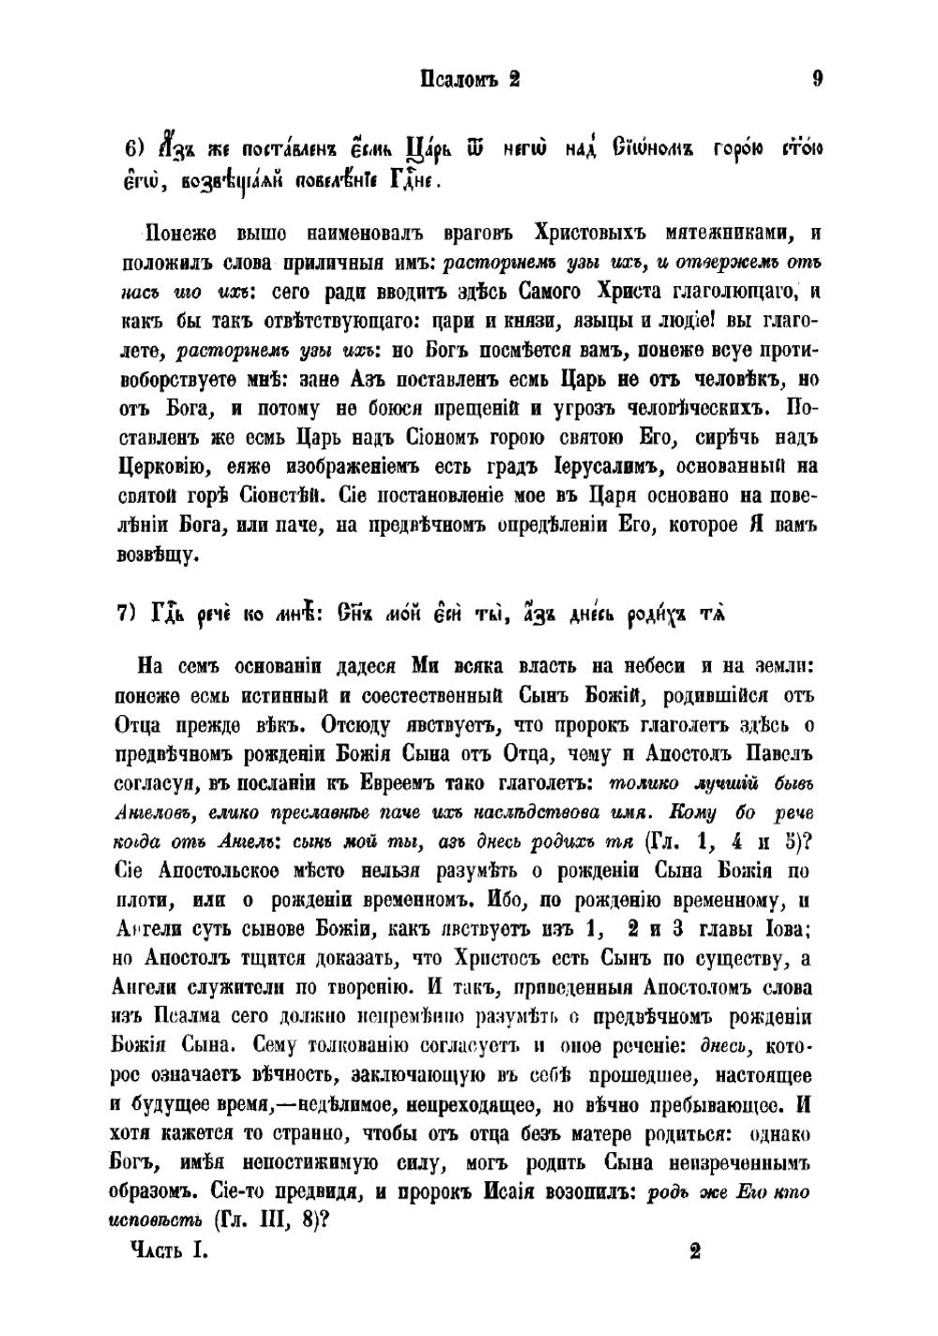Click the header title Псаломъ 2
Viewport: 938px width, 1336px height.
coord(468,80)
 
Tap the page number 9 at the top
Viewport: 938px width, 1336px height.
coord(817,80)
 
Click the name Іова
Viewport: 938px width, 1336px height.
coord(787,930)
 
